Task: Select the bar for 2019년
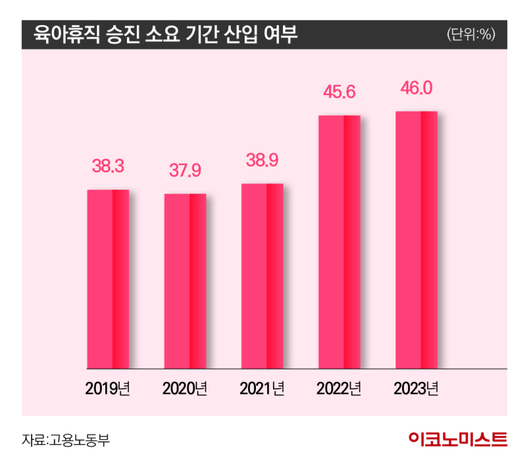(x=108, y=278)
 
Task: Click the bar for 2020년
(x=185, y=280)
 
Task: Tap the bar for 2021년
(x=262, y=276)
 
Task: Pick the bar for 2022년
(x=339, y=241)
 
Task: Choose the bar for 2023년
(x=416, y=239)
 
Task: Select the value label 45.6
(x=339, y=93)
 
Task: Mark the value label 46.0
(x=417, y=89)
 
